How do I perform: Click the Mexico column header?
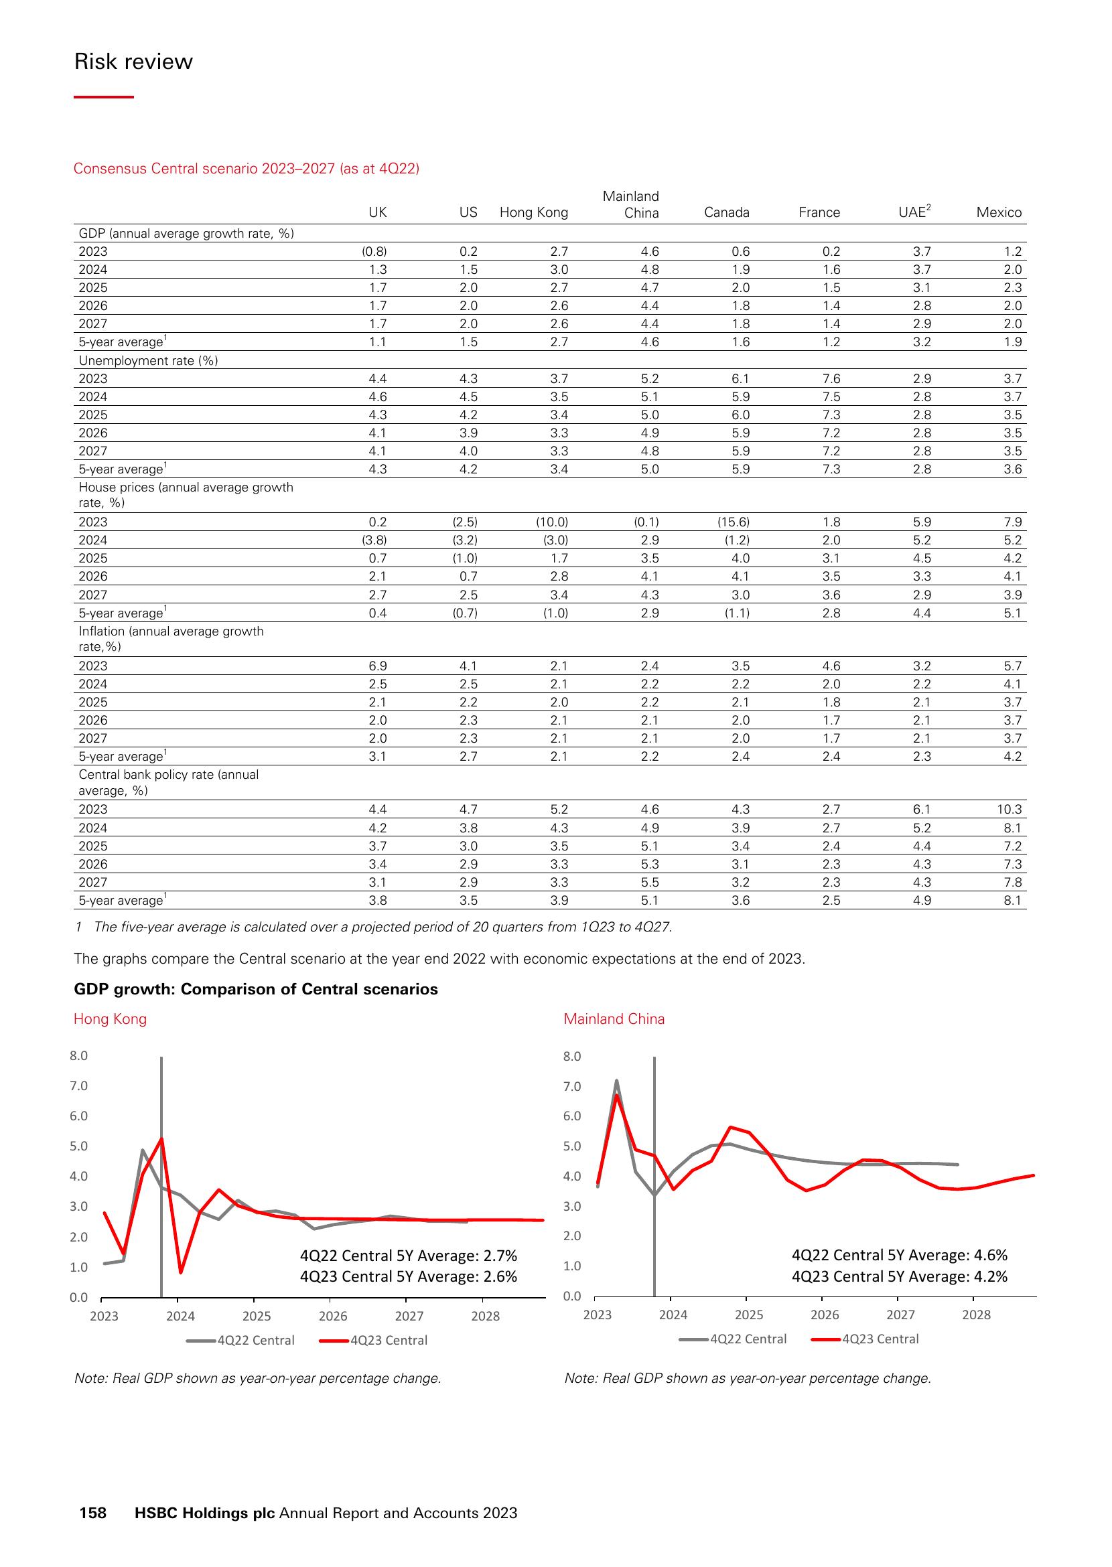click(998, 212)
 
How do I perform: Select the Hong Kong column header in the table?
click(533, 212)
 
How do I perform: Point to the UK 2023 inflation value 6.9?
click(377, 666)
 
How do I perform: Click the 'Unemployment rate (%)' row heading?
click(148, 360)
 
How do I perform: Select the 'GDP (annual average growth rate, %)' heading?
click(186, 234)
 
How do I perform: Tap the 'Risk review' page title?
click(133, 62)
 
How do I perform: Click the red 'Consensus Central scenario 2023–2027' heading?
click(247, 168)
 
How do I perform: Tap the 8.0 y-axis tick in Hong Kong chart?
click(79, 1055)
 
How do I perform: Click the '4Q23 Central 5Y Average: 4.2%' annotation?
click(899, 1277)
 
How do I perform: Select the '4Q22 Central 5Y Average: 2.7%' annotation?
click(408, 1256)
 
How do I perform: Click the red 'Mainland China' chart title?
click(614, 1019)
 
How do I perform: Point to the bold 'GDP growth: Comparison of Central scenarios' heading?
click(255, 989)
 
